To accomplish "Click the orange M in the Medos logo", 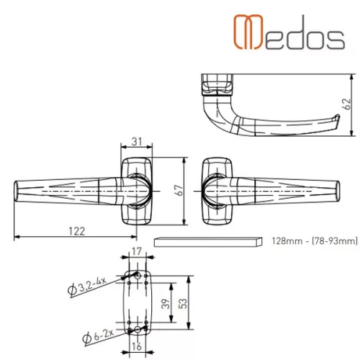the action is point(248,32).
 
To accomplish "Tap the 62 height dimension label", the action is point(348,104).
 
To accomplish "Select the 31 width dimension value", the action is point(137,141).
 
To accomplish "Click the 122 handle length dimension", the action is point(76,231).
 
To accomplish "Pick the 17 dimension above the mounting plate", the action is point(137,251).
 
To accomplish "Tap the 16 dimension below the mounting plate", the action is point(137,346).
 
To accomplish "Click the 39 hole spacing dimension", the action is point(166,304).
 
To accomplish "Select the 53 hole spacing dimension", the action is point(183,304).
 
